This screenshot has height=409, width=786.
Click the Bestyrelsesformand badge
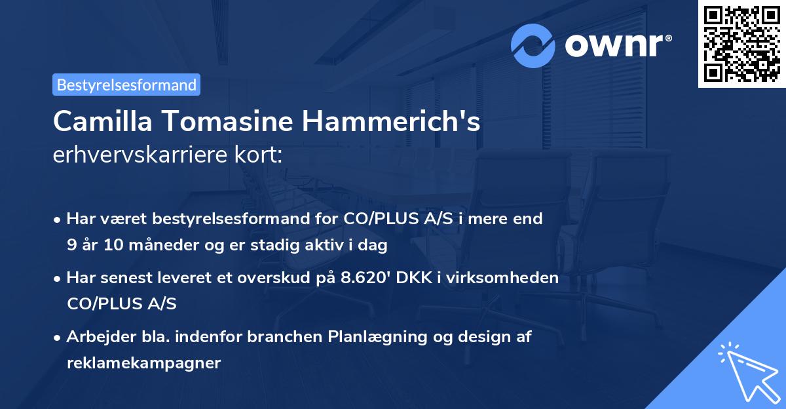[126, 85]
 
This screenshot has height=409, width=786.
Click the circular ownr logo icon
[533, 46]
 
